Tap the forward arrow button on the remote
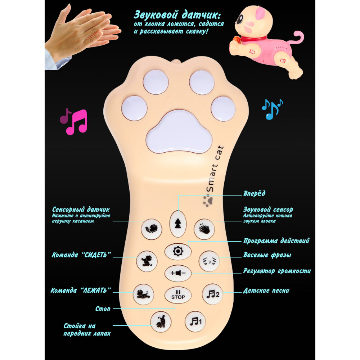[x=176, y=224]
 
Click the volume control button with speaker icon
[x=178, y=273]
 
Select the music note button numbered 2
[x=212, y=294]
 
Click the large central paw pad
[x=179, y=132]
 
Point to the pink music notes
[x=75, y=121]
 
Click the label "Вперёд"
[x=254, y=194]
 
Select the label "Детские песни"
[x=266, y=291]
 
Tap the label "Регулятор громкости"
[x=277, y=271]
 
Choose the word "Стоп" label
[x=103, y=309]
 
